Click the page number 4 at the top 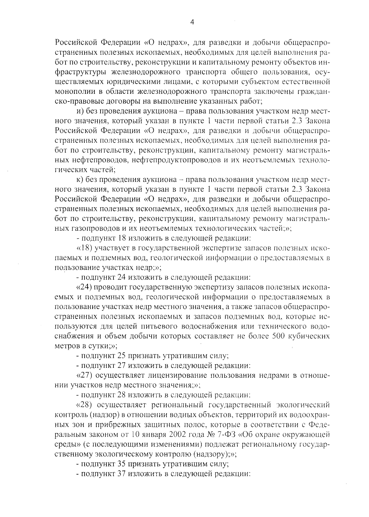(192, 22)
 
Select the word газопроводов (101, 228)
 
